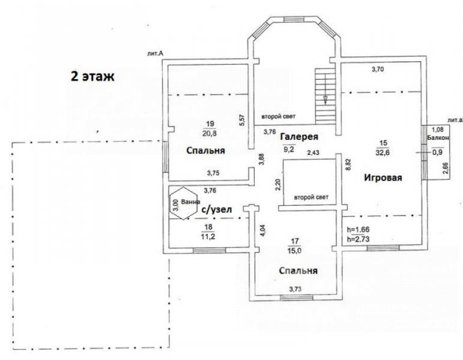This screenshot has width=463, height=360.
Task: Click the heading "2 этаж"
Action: click(92, 76)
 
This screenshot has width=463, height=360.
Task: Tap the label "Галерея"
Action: click(299, 137)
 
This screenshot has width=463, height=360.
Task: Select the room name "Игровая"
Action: click(383, 178)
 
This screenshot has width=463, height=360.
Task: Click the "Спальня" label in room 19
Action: click(205, 151)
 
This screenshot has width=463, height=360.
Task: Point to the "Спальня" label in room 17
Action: click(298, 271)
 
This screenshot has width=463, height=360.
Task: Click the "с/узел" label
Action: click(216, 209)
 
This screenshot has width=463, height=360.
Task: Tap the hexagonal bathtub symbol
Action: click(183, 203)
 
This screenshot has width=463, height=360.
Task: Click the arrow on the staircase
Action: click(325, 89)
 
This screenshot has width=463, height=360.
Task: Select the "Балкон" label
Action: click(438, 137)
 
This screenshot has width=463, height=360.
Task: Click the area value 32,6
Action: click(383, 153)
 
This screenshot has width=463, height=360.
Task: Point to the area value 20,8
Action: click(210, 133)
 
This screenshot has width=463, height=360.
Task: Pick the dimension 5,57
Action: click(242, 120)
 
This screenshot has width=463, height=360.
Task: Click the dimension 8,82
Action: click(348, 164)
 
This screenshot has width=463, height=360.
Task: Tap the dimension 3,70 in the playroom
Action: click(378, 70)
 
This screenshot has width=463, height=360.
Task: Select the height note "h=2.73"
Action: click(358, 239)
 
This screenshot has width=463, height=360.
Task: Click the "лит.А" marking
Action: click(156, 53)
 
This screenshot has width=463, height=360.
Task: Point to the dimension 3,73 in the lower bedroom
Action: click(295, 289)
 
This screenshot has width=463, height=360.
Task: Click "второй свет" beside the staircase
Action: click(279, 116)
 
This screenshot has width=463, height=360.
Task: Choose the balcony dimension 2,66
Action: click(446, 169)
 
